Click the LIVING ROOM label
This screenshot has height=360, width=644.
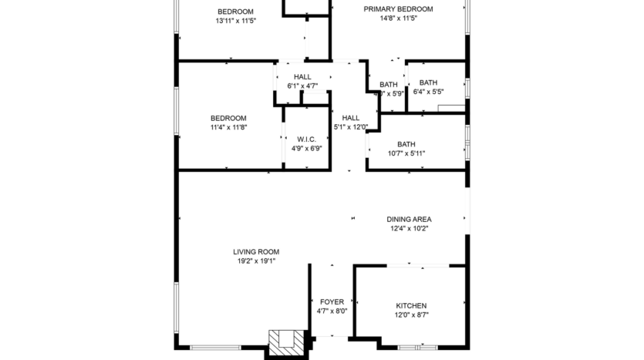pos(256,251)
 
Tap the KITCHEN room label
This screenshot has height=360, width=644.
pos(411,306)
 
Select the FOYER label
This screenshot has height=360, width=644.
pos(332,301)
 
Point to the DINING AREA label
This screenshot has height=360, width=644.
pos(409,219)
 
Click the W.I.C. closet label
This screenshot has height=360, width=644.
pos(306,139)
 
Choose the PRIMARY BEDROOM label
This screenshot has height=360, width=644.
pos(398,9)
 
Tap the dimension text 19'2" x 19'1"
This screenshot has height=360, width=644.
pos(256,261)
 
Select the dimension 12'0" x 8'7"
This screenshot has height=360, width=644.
pos(411,316)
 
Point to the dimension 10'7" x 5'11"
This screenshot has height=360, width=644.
pos(406,153)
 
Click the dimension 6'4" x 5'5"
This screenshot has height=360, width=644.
pos(428,92)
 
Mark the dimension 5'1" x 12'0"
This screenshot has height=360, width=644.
pos(351,127)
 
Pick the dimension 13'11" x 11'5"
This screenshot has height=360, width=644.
pos(235,21)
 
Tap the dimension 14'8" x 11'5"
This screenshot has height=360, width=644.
pos(398,19)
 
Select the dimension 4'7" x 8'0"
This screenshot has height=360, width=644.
pos(332,311)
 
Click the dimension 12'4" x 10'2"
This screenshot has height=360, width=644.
pos(409,228)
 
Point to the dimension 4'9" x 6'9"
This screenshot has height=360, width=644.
pos(306,149)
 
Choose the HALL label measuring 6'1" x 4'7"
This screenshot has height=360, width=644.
pos(302,76)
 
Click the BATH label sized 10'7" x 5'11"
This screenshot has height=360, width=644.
pos(406,144)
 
